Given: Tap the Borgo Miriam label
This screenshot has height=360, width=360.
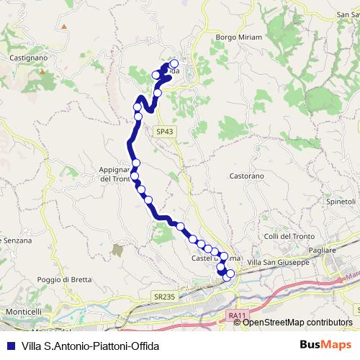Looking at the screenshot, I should pos(238,37).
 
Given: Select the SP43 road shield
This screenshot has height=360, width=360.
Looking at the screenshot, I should pos(164,131).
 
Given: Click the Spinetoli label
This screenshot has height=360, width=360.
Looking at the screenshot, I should pos(342,200).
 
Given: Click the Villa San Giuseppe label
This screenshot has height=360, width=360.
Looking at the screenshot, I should pos(278,262).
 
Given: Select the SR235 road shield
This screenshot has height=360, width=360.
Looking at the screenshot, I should pos(164,295).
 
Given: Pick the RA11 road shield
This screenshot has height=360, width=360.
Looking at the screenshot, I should pos(235,315).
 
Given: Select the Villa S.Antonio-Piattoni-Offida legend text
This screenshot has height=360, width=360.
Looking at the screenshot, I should pos(90,346).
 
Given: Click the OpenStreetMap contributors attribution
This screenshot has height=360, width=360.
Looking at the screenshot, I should pos(297,322).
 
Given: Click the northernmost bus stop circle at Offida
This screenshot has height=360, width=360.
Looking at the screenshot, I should pos(174,63).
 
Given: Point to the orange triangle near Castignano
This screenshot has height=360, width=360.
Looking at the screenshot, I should pos(64,27).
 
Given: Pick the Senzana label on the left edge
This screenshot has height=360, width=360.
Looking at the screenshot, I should pos(16,240).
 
